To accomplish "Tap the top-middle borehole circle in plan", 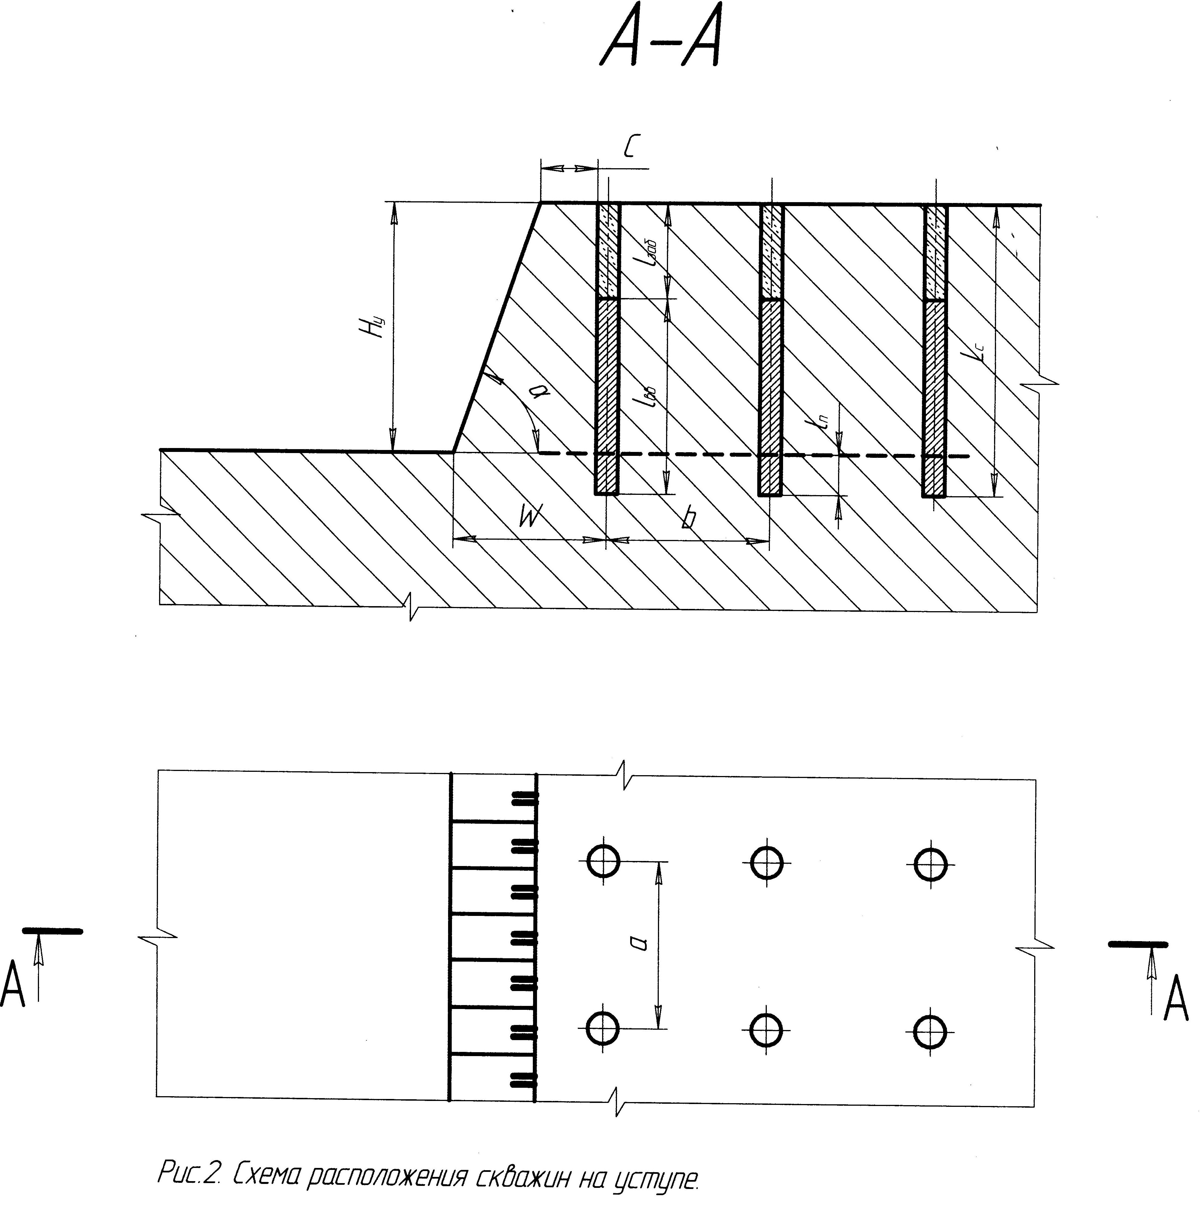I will pos(766,863).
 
